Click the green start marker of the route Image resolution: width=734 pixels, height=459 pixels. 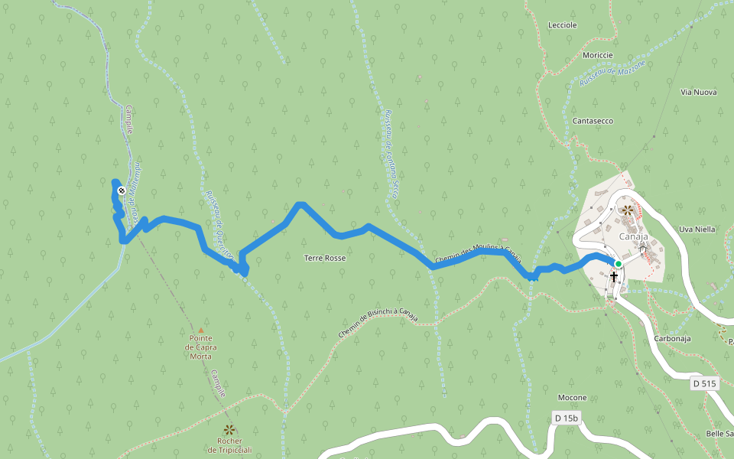click(x=619, y=264)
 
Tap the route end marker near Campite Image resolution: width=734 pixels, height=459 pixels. click(x=122, y=190)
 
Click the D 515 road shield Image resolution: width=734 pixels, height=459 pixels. click(x=705, y=383)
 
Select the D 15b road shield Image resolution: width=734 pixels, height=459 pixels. click(x=567, y=418)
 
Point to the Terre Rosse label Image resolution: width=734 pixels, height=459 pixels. click(x=325, y=259)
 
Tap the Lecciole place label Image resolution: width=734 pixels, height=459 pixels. click(x=562, y=25)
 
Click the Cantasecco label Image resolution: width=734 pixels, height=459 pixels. click(x=593, y=121)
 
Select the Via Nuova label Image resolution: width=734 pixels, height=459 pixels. click(x=698, y=93)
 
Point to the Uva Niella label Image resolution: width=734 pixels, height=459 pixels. click(x=697, y=229)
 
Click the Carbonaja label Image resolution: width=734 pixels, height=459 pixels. click(x=673, y=337)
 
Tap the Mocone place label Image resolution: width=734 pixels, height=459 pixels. click(x=572, y=398)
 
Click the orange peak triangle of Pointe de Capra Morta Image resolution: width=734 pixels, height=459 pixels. click(x=201, y=330)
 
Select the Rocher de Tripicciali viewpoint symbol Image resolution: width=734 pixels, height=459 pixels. click(x=229, y=429)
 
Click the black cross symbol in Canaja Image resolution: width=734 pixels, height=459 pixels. click(x=614, y=275)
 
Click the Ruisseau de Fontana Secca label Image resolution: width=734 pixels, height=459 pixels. click(x=391, y=154)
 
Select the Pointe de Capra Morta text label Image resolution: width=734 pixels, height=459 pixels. click(x=200, y=347)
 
